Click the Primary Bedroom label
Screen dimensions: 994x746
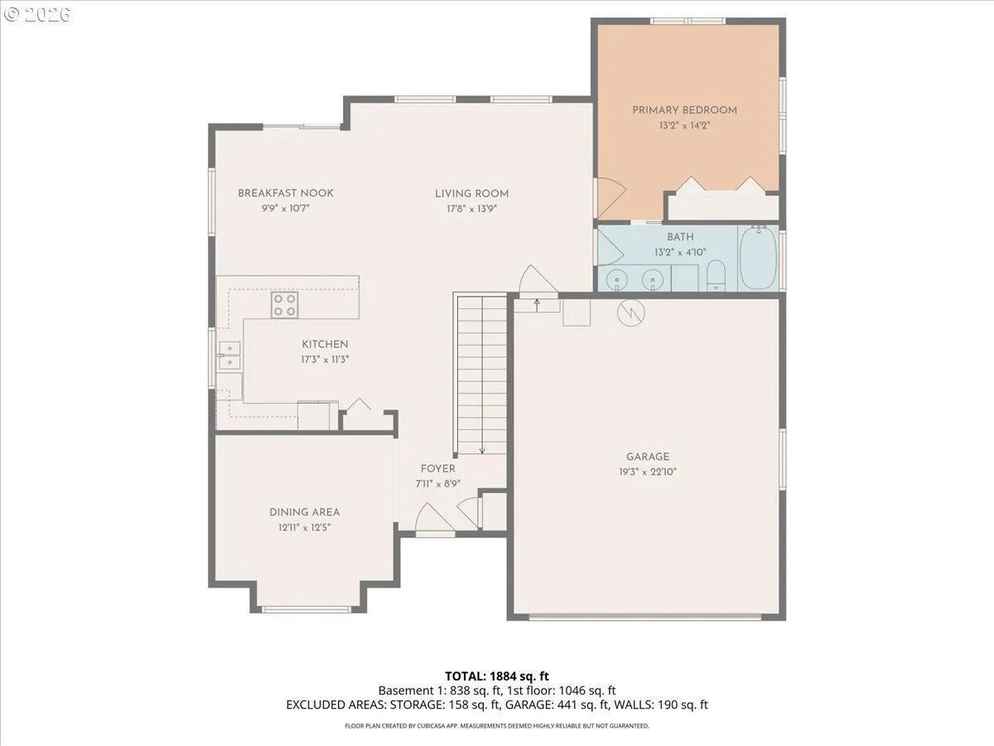(x=684, y=110)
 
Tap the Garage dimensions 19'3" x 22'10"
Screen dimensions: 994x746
(x=648, y=472)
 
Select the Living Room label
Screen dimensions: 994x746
(x=471, y=194)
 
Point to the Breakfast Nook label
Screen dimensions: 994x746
(x=286, y=193)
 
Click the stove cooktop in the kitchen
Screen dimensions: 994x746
(x=284, y=305)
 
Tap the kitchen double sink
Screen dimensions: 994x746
(x=229, y=356)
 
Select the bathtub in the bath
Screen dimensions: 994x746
(x=758, y=258)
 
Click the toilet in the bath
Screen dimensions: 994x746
(x=716, y=275)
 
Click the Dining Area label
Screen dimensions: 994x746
(x=304, y=512)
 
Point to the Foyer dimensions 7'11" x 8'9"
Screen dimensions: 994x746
(x=438, y=484)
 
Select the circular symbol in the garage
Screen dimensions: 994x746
(x=631, y=312)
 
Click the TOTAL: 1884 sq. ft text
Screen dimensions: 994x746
(x=497, y=676)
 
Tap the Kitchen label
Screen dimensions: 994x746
(x=325, y=345)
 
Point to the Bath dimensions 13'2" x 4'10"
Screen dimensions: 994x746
(x=680, y=252)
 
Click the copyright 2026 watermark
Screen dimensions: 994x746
(x=37, y=14)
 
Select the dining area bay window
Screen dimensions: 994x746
(x=306, y=610)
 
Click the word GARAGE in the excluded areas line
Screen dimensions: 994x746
(x=526, y=705)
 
